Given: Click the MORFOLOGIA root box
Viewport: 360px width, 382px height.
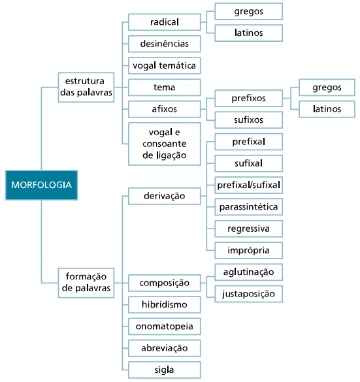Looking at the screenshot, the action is coord(41,185).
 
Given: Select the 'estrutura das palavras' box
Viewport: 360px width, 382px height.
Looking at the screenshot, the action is coord(86,87).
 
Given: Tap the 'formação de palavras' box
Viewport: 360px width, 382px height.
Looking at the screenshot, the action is coord(86,283).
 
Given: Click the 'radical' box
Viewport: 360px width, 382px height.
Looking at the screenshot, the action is coord(165,22).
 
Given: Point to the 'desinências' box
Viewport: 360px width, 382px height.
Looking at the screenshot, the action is coord(165,44).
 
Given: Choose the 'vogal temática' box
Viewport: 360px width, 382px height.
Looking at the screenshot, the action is coord(165,65).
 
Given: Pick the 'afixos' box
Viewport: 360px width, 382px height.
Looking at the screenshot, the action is coord(165,109).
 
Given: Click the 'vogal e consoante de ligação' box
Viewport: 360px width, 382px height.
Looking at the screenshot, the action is coord(165,144).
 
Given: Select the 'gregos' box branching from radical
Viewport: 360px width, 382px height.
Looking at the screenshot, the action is coord(249,11).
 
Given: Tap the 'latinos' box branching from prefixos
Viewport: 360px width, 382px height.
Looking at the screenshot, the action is coord(327,109).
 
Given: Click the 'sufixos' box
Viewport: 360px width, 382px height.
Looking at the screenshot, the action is coord(249,120).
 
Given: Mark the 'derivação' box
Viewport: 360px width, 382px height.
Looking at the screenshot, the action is coord(165,196).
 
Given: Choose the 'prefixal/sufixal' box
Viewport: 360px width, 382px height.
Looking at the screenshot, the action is coord(249,185).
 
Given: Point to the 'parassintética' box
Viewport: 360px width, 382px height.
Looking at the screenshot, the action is coord(249,207).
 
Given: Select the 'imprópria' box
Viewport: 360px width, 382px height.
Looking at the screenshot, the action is coord(249,251).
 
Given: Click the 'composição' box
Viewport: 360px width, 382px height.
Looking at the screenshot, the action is coord(165,283).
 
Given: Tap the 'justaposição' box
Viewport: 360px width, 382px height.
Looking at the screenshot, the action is coord(249,294).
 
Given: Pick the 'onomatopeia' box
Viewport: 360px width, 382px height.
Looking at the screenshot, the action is coord(165,326).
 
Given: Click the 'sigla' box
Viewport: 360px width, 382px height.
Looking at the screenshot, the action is coord(165,370).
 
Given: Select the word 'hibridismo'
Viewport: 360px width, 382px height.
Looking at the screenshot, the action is coord(165,304).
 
